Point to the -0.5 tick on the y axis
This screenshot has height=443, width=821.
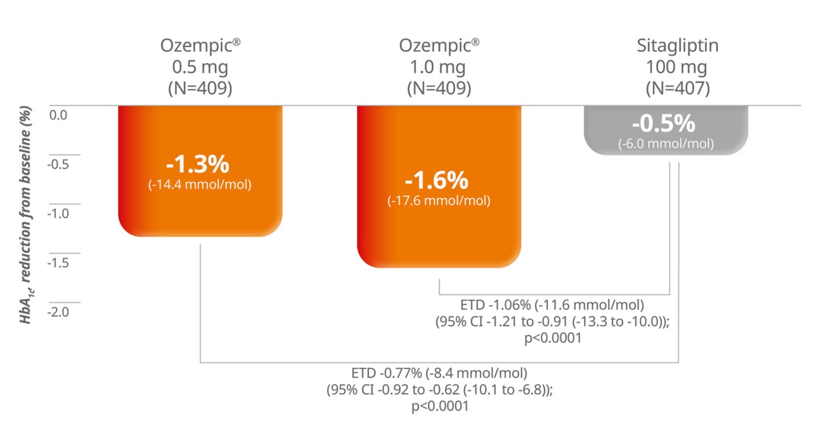click(58, 165)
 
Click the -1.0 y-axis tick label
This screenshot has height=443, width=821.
click(58, 214)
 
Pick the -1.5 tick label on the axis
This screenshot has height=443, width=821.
click(58, 263)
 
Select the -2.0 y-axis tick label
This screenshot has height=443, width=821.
click(58, 312)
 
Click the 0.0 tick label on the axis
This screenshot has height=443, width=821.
click(58, 115)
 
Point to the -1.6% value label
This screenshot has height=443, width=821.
click(437, 181)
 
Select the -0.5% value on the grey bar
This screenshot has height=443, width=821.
click(665, 124)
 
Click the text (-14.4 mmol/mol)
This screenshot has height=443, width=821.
click(200, 185)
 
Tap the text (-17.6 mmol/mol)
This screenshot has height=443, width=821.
click(439, 201)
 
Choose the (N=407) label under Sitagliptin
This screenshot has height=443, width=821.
click(677, 89)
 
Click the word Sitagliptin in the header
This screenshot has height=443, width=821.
click(677, 46)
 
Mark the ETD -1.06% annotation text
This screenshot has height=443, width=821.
click(551, 306)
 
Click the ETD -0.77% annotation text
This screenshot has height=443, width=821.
click(439, 374)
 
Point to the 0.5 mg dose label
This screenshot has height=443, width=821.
click(200, 67)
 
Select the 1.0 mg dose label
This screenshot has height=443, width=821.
click(439, 67)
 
